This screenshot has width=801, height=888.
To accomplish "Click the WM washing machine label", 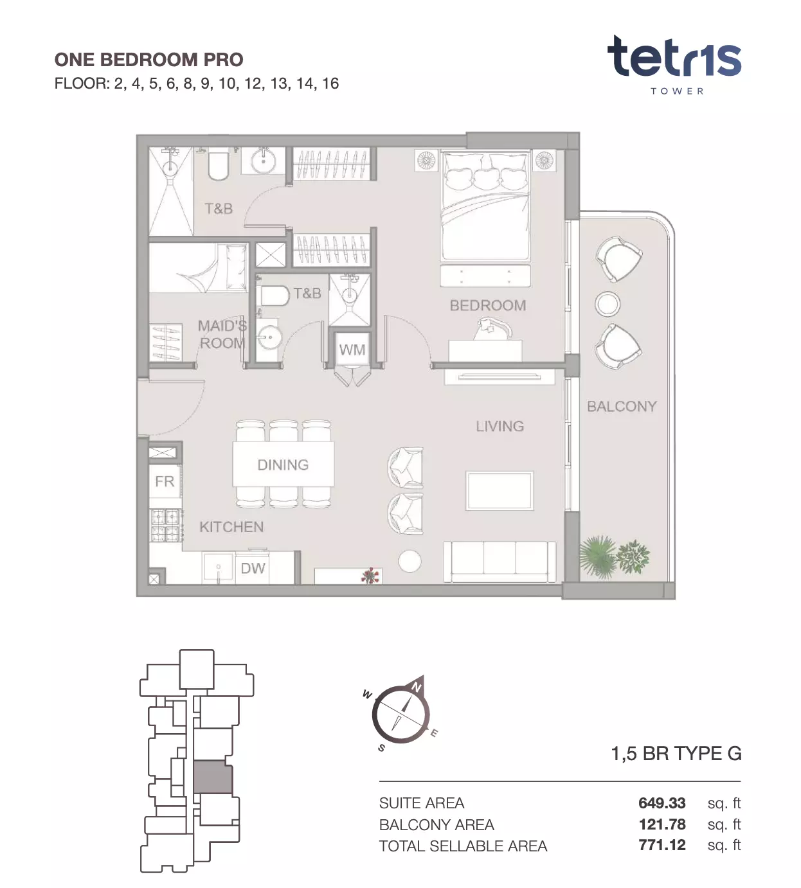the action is click(352, 350).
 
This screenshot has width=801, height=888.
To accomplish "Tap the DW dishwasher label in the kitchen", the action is click(253, 568).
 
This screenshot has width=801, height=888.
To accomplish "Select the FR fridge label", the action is click(165, 481).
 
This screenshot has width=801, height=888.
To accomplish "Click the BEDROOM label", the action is click(488, 305).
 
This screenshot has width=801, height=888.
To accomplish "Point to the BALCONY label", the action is click(622, 406).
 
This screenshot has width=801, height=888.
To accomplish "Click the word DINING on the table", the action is click(283, 465).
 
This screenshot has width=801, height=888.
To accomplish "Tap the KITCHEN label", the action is click(231, 527).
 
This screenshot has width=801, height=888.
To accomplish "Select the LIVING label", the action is click(500, 426).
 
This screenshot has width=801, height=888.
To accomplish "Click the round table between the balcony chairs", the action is click(607, 304).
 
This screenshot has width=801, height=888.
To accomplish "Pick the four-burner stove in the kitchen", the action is click(166, 526).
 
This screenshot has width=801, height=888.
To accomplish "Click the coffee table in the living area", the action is click(500, 491).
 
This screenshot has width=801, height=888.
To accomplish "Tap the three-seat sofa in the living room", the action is click(500, 562).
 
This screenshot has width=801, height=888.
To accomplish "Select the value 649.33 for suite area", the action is click(662, 803).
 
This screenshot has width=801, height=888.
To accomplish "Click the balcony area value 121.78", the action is click(662, 824).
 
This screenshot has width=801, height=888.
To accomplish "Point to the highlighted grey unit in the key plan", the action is click(213, 777).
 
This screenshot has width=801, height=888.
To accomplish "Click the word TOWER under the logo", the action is click(677, 91).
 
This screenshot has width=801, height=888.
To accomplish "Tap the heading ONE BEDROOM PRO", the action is click(149, 60).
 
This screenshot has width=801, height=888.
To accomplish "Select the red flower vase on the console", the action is click(370, 576).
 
